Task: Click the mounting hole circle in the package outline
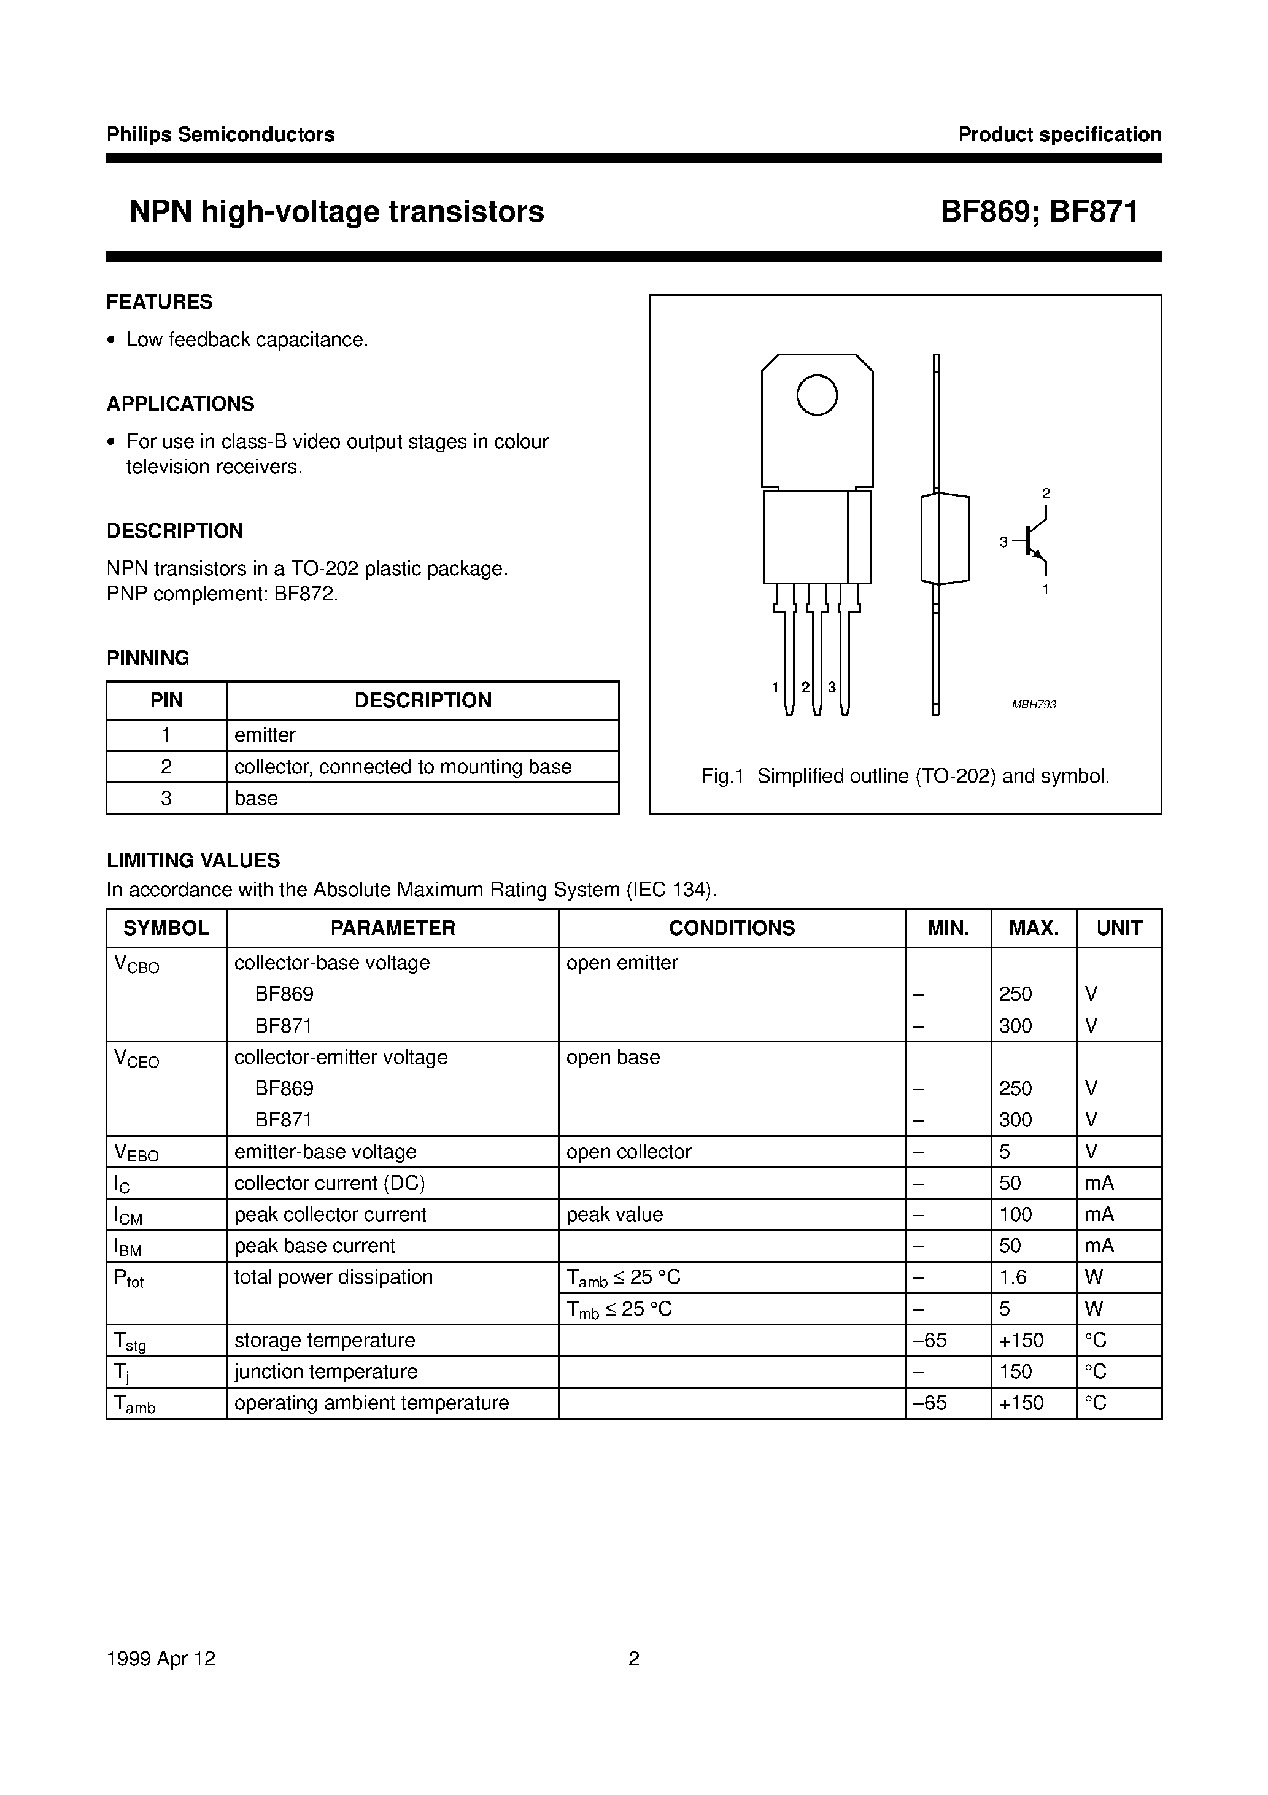816,395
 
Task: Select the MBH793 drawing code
1034,704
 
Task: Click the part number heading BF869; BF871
1038,212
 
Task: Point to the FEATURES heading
160,302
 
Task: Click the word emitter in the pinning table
265,735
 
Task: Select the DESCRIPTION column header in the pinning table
423,700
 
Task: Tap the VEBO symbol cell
136,1152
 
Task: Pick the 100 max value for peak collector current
1015,1214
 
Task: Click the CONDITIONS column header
732,928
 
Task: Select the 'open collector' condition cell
628,1152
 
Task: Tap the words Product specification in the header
1059,134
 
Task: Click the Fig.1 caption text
905,777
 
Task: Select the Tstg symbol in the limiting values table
130,1341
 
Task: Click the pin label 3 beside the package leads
832,687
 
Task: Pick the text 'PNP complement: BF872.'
222,594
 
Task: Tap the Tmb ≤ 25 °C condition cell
619,1309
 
